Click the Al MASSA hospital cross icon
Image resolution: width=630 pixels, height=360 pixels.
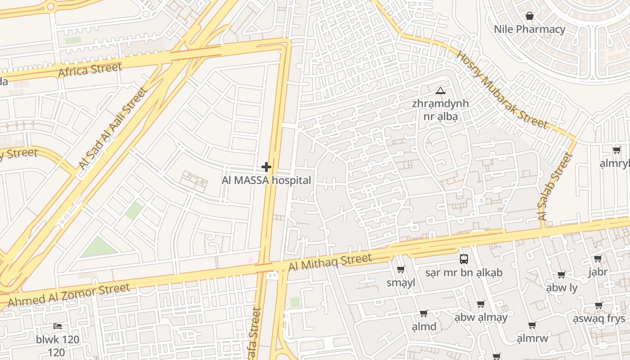(266, 167)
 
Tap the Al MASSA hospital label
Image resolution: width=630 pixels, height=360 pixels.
(266, 180)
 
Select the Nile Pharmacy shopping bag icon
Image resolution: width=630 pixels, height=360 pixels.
(530, 16)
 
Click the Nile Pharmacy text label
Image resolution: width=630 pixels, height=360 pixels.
(530, 30)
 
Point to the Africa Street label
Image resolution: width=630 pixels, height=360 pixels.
(90, 70)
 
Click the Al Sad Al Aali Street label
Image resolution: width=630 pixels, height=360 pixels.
(113, 129)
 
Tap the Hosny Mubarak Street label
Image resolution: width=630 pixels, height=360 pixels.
(502, 90)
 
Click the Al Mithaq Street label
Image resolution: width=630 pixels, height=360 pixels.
(330, 262)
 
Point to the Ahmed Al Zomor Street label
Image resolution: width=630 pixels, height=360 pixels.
(69, 295)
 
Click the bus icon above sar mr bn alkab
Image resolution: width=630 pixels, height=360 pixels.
(464, 259)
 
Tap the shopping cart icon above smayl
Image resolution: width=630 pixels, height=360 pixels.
(400, 270)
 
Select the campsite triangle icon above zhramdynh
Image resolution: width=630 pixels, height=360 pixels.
(440, 91)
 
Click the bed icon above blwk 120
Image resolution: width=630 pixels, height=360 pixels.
(57, 326)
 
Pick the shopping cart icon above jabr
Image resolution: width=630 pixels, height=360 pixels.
(598, 258)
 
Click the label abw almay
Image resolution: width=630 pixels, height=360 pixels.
(481, 318)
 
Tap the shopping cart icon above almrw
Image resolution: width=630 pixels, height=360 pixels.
(532, 325)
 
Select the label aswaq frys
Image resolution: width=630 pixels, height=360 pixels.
(598, 319)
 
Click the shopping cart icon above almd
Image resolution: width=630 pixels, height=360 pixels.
(423, 313)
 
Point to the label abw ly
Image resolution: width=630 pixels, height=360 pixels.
(561, 288)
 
